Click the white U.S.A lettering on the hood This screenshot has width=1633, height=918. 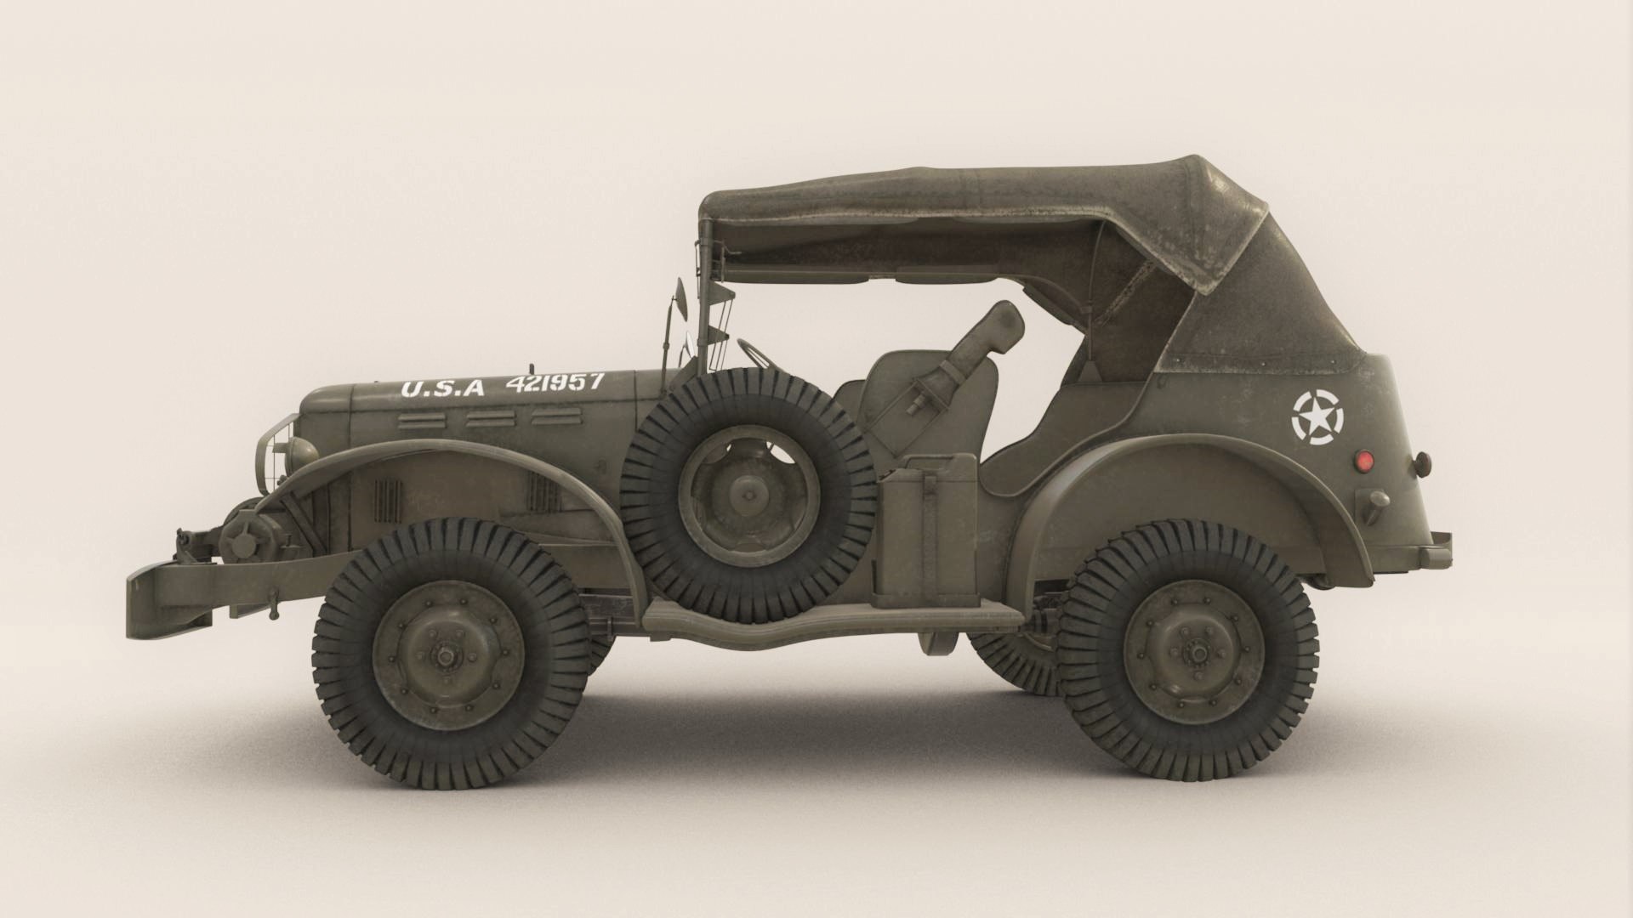pyautogui.click(x=442, y=388)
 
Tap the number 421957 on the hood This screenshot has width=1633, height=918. pyautogui.click(x=555, y=382)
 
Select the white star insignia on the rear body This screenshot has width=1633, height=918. pyautogui.click(x=1317, y=416)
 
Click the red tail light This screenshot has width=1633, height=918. pyautogui.click(x=1364, y=461)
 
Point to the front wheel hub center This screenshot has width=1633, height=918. pyautogui.click(x=446, y=655)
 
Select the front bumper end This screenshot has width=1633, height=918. pyautogui.click(x=145, y=605)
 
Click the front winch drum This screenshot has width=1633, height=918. pyautogui.click(x=242, y=535)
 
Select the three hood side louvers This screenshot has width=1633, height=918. pyautogui.click(x=491, y=419)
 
